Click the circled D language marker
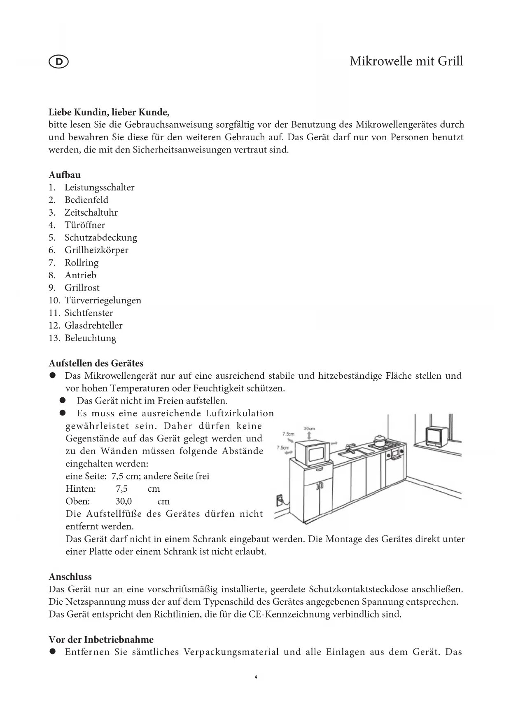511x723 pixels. pyautogui.click(x=58, y=62)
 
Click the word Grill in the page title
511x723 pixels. pyautogui.click(x=450, y=61)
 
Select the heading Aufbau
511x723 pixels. pyautogui.click(x=65, y=175)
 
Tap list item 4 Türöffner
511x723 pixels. pyautogui.click(x=84, y=225)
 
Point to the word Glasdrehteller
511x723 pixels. pyautogui.click(x=93, y=326)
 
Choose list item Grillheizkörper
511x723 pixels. pyautogui.click(x=96, y=250)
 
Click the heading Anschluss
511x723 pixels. pyautogui.click(x=70, y=577)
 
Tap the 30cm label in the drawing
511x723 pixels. pyautogui.click(x=309, y=428)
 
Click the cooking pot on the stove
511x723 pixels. pyautogui.click(x=379, y=439)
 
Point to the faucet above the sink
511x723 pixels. pyautogui.click(x=350, y=447)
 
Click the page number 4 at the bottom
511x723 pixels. pyautogui.click(x=256, y=677)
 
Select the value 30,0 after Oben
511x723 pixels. pyautogui.click(x=124, y=502)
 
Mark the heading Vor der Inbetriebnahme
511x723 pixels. pyautogui.click(x=101, y=640)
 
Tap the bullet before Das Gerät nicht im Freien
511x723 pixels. pyautogui.click(x=63, y=401)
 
